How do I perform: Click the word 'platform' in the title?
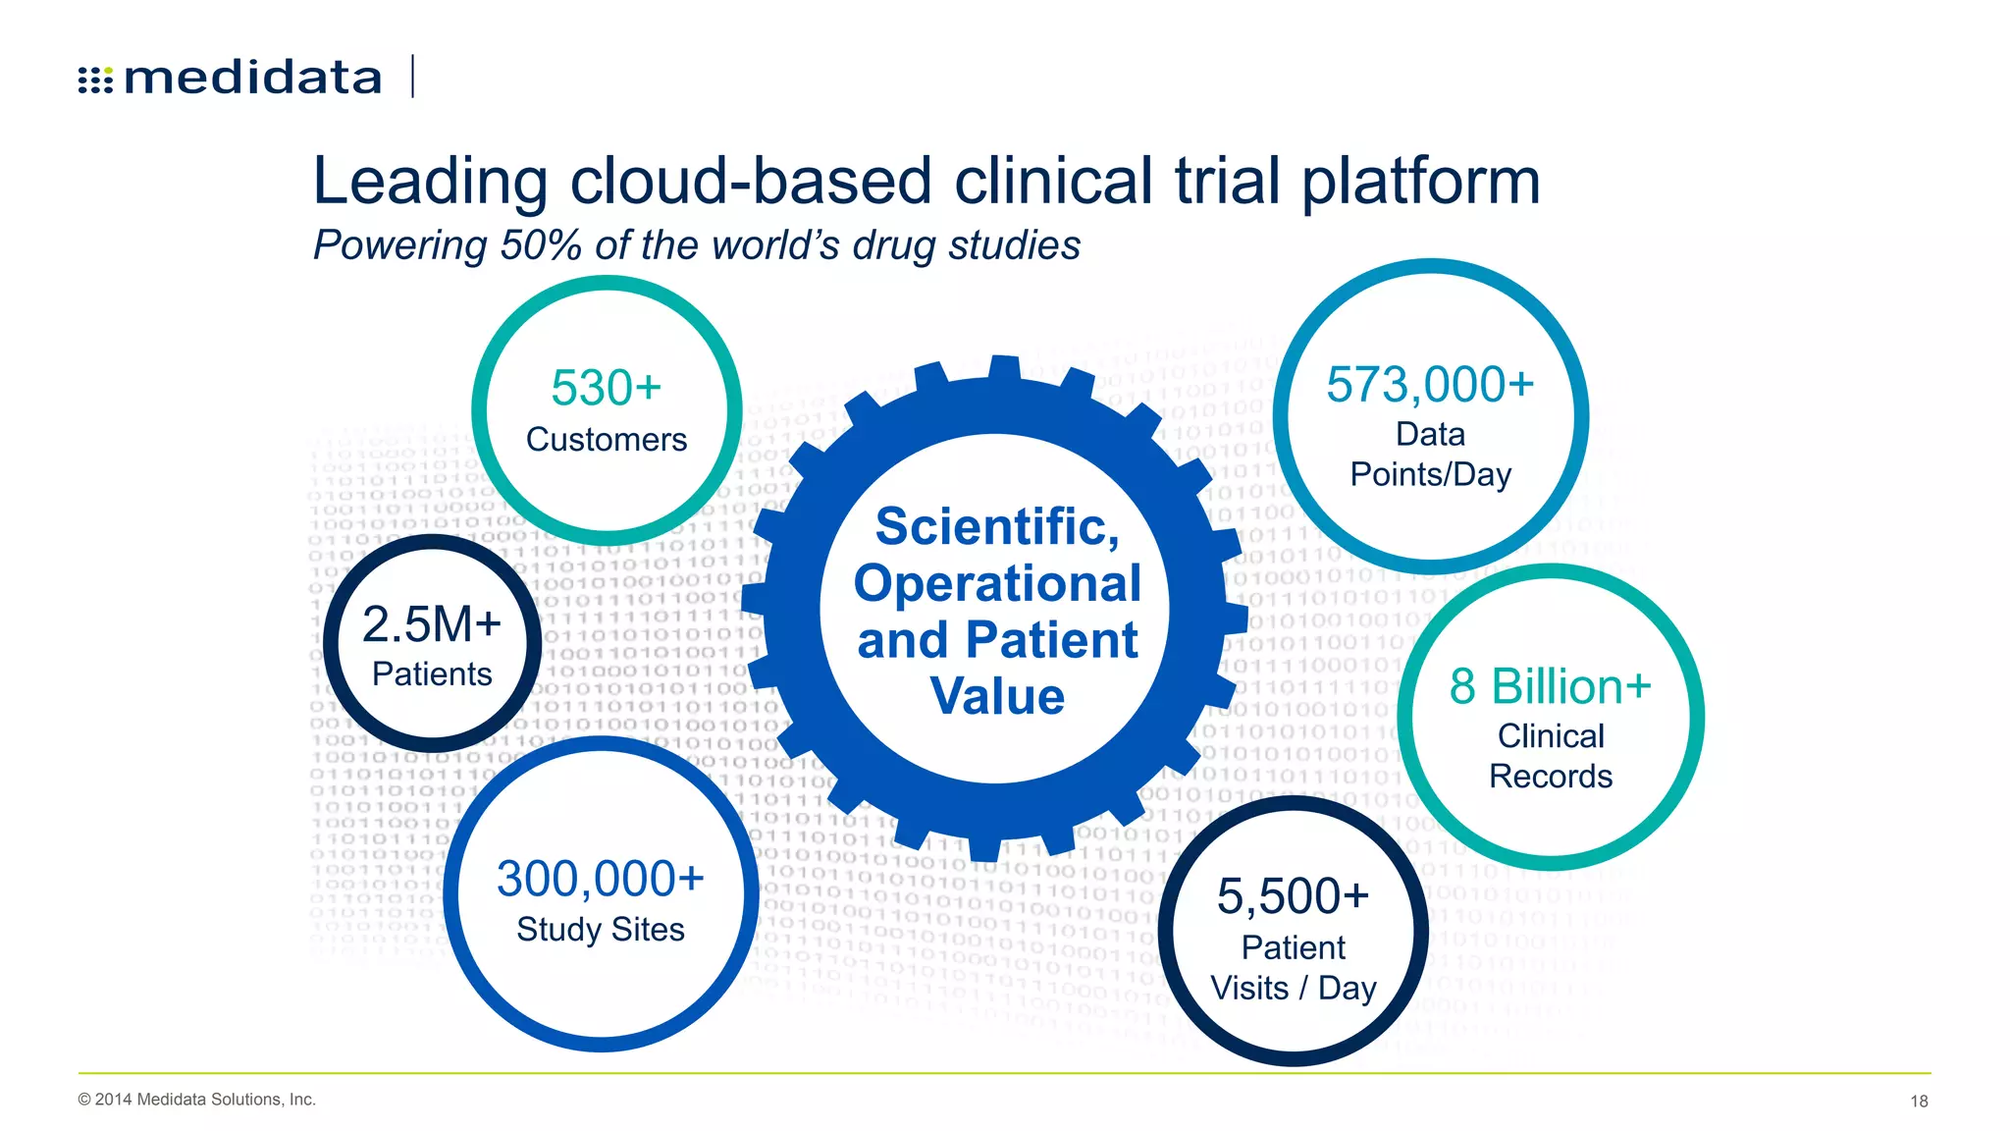click(1420, 183)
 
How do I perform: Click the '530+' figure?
click(606, 388)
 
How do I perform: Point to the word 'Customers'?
click(606, 440)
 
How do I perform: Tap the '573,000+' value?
click(1430, 385)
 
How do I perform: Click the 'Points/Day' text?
click(1430, 475)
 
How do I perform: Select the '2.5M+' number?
click(432, 624)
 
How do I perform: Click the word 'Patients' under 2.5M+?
click(432, 674)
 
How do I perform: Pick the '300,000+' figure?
click(600, 879)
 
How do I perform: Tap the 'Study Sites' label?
click(600, 930)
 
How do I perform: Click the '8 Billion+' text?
click(1550, 686)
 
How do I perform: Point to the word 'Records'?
click(1550, 777)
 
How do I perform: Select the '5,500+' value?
click(1293, 896)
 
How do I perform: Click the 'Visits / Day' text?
click(1293, 989)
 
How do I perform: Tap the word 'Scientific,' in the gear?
click(997, 527)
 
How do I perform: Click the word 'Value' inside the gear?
click(997, 697)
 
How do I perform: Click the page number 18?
click(1919, 1102)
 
